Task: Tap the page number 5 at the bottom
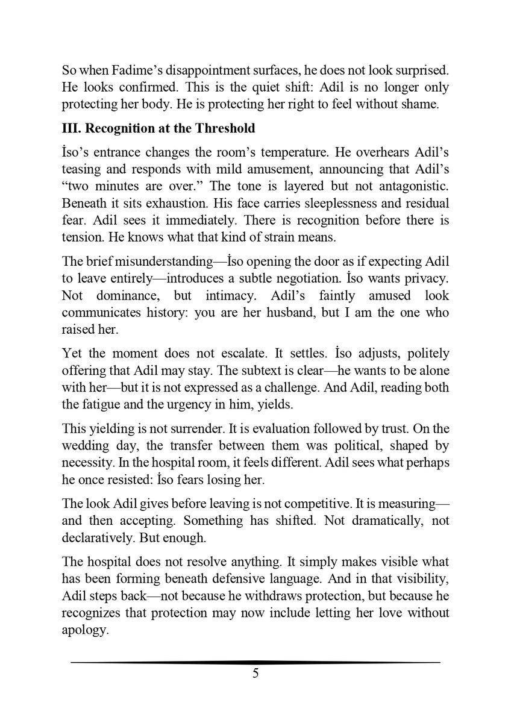pyautogui.click(x=255, y=674)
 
